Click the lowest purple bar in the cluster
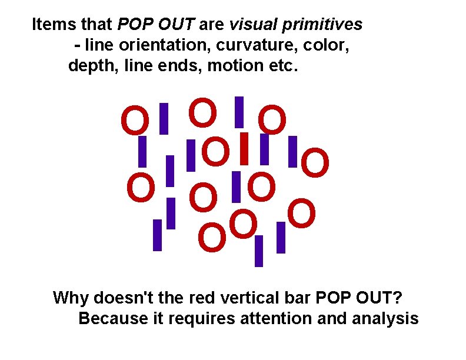258,251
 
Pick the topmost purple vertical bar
239,111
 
